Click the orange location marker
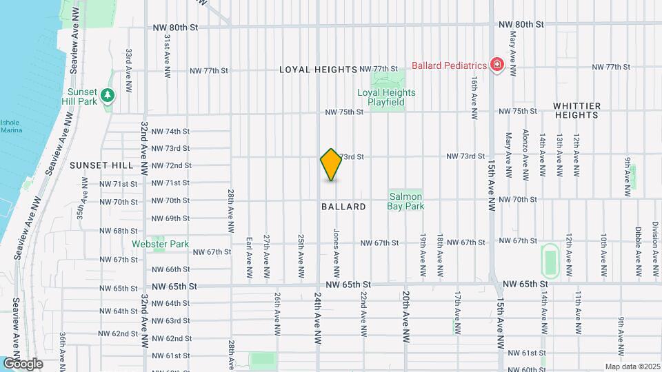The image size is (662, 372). pos(332,165)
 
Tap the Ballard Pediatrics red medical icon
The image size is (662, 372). pos(496,65)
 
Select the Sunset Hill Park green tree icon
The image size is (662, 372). pos(107,95)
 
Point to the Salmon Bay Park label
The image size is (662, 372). pos(405,200)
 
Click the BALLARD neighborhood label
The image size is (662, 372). pos(343,207)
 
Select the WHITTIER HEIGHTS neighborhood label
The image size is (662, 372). pos(577,111)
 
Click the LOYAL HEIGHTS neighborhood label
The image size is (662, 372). pos(318,70)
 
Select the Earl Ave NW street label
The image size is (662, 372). pos(249,254)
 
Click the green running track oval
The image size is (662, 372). pos(550,260)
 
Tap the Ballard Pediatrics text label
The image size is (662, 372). pos(450,65)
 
